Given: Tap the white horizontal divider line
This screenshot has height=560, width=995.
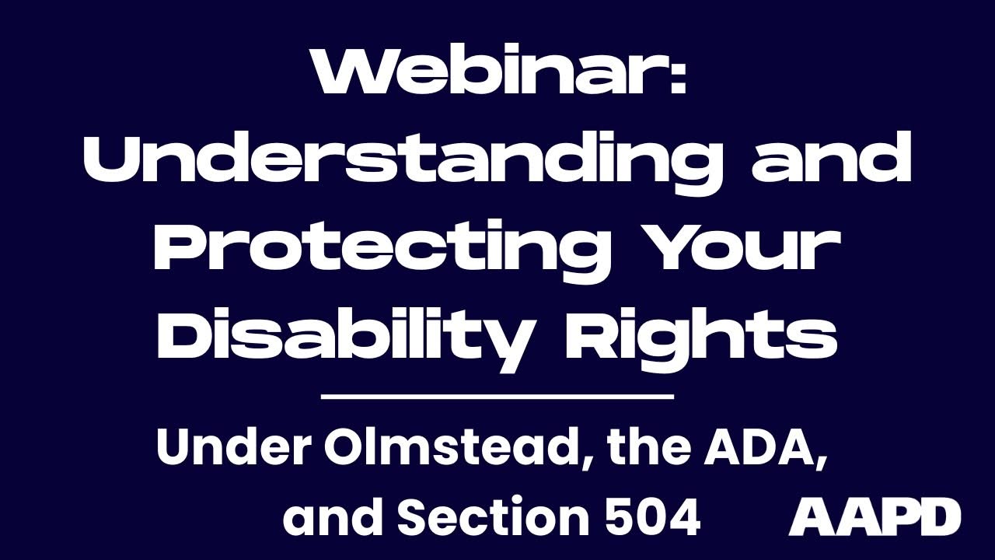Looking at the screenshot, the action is [497, 397].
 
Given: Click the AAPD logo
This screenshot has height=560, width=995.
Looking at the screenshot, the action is [875, 517].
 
